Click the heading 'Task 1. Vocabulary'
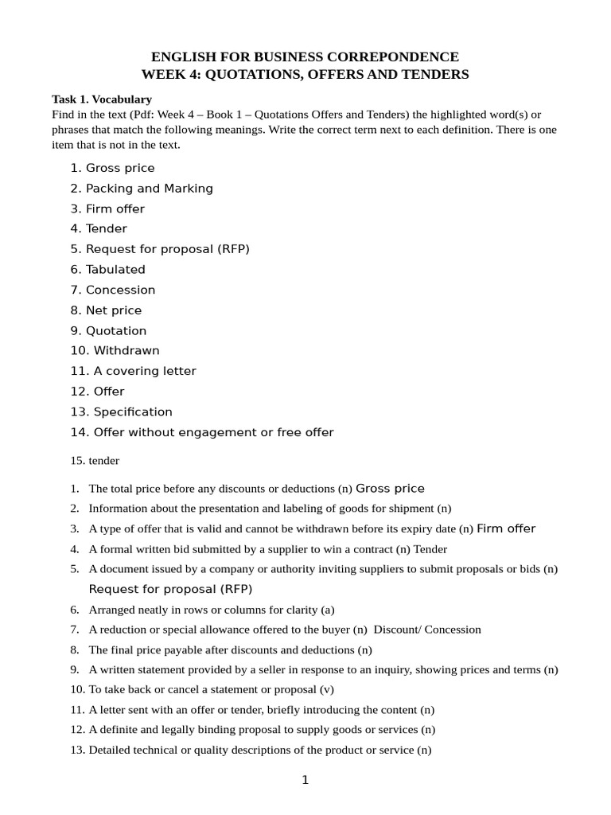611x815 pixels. pos(101,99)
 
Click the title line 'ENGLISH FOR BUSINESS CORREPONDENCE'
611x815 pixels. pos(305,57)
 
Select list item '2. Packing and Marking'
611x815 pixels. pos(142,189)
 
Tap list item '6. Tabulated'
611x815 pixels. pos(107,270)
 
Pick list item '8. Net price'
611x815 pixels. pos(106,310)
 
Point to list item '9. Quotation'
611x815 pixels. pos(108,331)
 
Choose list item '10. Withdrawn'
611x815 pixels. pos(115,351)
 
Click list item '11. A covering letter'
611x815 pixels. pos(133,372)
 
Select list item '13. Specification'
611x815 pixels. pos(121,412)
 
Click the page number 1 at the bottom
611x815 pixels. pos(305,781)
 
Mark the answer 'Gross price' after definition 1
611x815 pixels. pos(390,489)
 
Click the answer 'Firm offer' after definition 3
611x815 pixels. pos(506,529)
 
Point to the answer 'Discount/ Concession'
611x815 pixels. pos(427,630)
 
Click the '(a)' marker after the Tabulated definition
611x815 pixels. pos(327,610)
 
